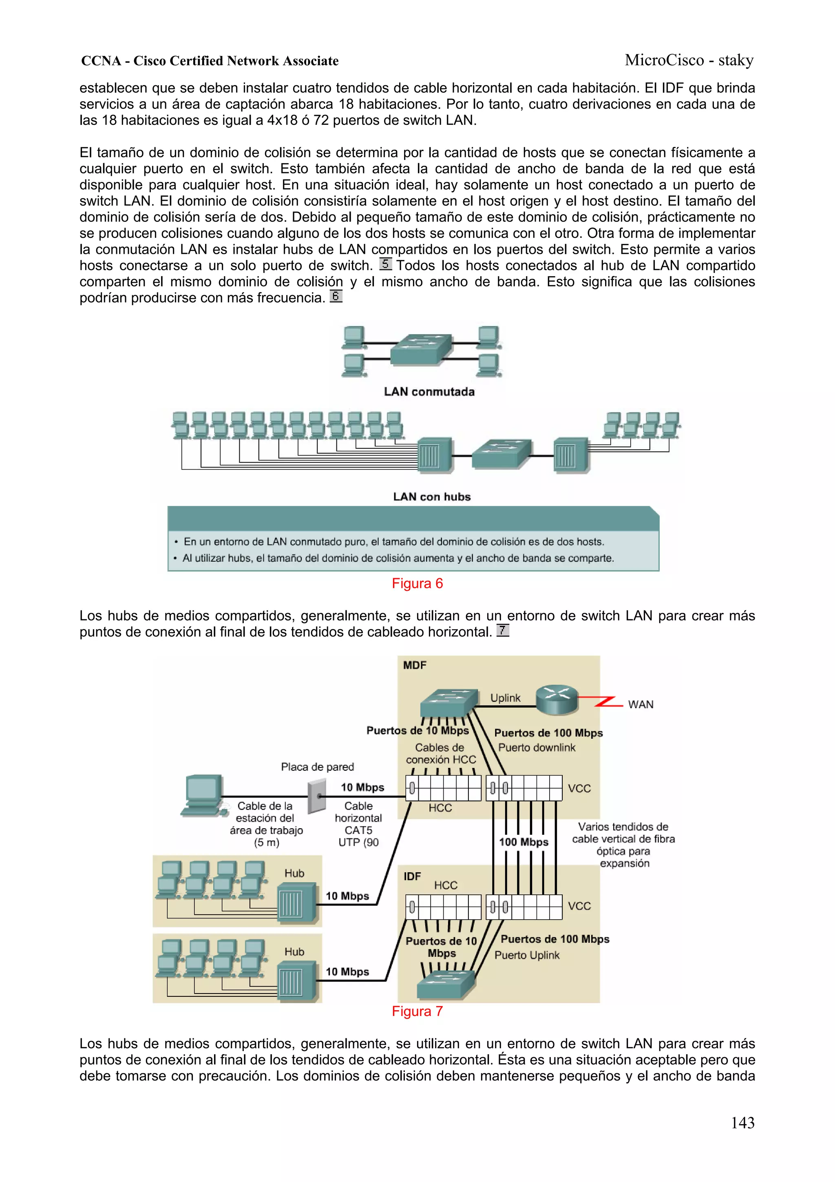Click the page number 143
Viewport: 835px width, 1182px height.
point(742,1123)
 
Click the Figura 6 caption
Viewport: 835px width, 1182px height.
point(417,583)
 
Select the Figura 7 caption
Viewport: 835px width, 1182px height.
point(417,1011)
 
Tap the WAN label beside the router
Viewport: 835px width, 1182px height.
point(641,705)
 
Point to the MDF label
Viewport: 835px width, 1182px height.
point(415,665)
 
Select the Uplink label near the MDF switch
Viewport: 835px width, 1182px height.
point(505,698)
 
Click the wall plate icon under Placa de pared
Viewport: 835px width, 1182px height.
point(317,796)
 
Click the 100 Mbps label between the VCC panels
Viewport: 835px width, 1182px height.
point(524,842)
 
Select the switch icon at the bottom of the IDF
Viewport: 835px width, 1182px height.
point(446,984)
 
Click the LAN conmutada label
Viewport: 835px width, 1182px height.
point(429,392)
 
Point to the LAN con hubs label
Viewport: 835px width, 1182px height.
point(432,497)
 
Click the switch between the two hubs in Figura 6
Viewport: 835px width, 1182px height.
point(501,453)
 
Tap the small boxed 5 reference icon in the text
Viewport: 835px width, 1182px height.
point(385,264)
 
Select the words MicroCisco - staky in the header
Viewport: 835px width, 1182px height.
point(689,60)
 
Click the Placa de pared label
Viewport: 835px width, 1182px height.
point(318,767)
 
